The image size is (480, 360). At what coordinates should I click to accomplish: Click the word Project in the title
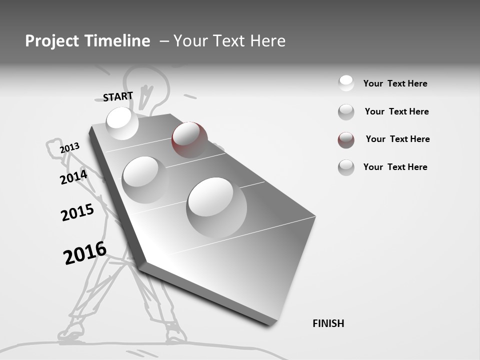52,41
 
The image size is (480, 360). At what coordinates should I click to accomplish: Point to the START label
118,96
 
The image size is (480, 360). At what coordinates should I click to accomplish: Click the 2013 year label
69,148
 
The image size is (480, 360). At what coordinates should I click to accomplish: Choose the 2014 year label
73,177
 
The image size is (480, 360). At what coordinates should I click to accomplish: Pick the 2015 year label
77,213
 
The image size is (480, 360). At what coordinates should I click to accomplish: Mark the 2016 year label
85,253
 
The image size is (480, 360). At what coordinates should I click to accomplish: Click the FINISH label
328,323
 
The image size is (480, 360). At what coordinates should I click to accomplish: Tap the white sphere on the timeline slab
122,123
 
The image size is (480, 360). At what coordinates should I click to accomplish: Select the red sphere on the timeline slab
189,139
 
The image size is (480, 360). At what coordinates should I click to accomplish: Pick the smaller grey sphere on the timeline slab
145,179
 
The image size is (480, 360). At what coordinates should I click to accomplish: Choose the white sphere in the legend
346,83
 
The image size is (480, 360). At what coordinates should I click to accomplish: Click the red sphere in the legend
346,140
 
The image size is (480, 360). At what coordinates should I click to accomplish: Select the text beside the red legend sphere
397,139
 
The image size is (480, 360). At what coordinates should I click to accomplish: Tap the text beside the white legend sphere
395,83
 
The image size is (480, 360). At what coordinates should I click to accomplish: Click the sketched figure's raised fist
54,148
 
